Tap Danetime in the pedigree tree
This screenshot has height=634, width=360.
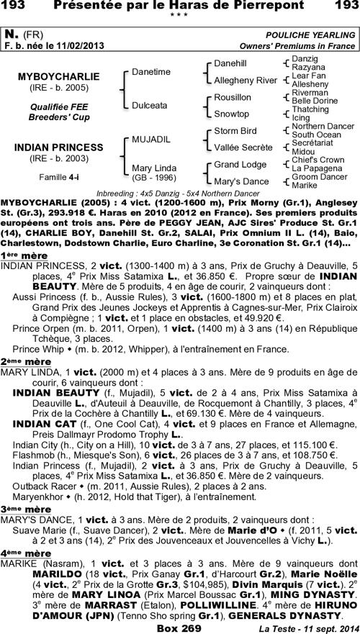(x=151, y=72)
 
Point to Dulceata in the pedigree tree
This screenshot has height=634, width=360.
(x=150, y=105)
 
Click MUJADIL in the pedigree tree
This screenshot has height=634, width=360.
(x=150, y=138)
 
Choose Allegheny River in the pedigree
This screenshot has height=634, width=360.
(x=246, y=80)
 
